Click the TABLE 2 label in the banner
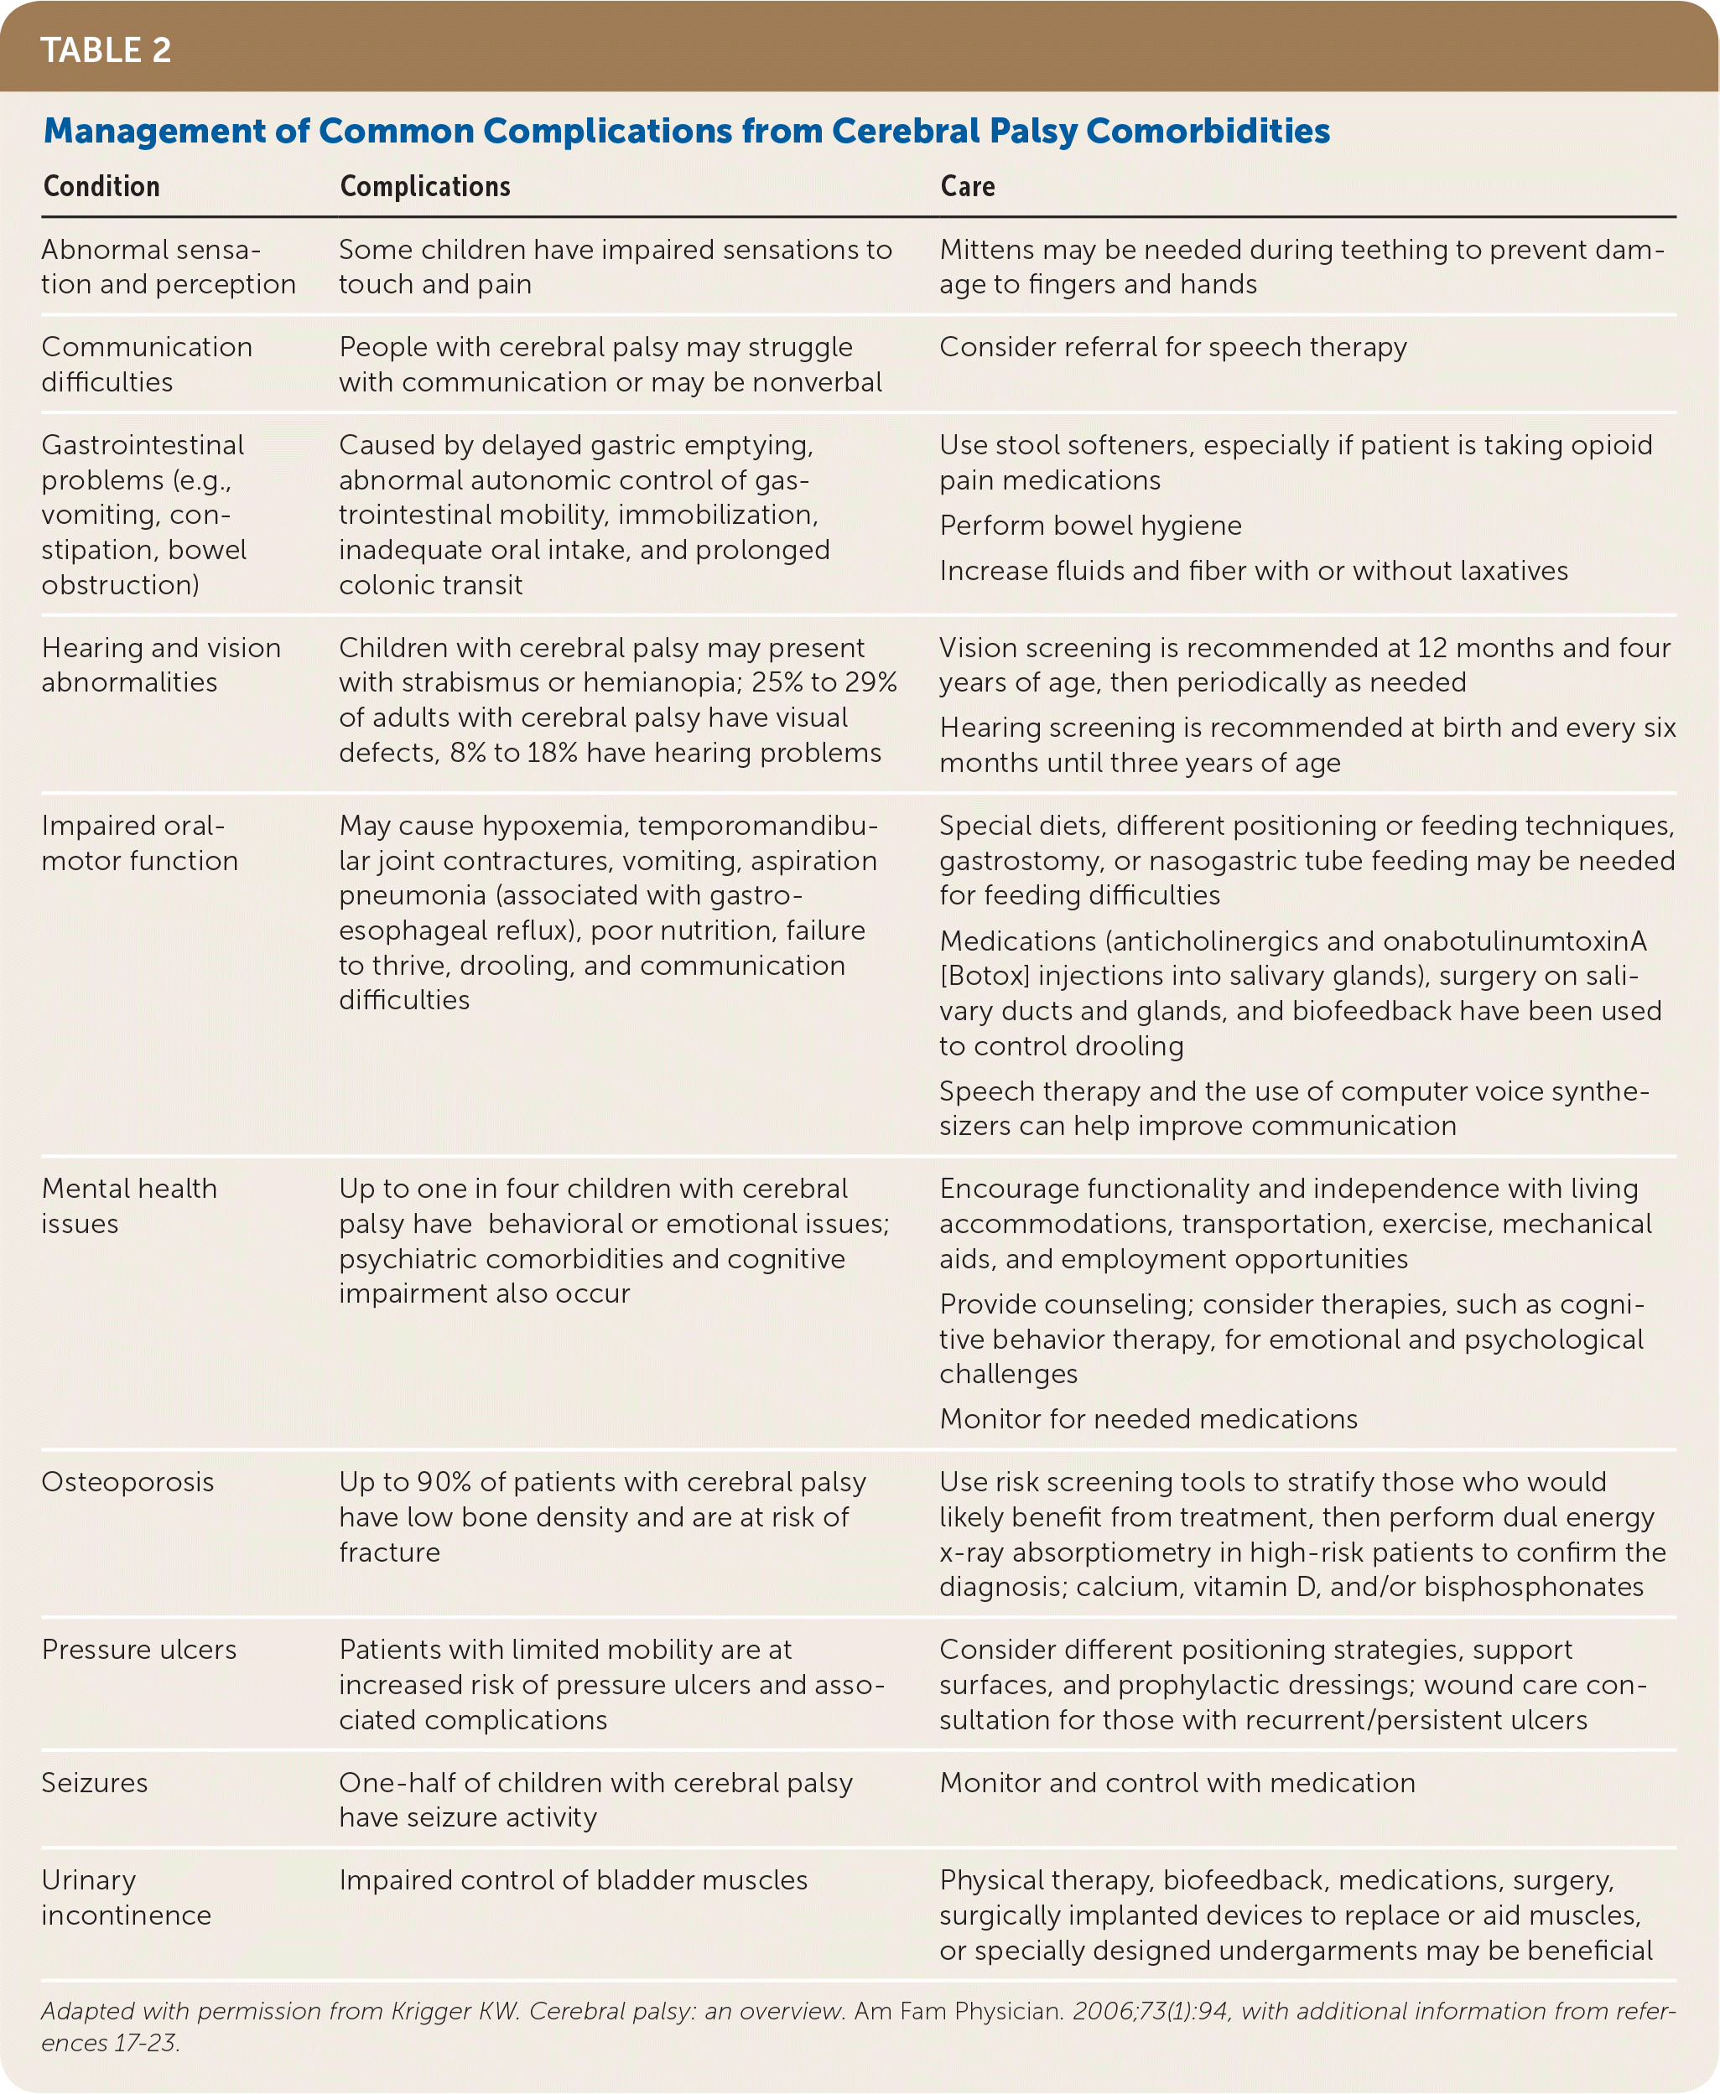click(x=106, y=49)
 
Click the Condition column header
click(x=101, y=186)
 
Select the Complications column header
click(x=425, y=186)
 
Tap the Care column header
click(x=967, y=186)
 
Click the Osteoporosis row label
click(x=127, y=1482)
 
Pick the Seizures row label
click(x=94, y=1783)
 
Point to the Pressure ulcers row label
click(x=138, y=1649)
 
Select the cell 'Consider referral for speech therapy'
click(x=1173, y=347)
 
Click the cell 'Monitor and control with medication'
click(x=1177, y=1783)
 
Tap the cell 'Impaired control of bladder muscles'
click(x=573, y=1880)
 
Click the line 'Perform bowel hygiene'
click(x=1090, y=525)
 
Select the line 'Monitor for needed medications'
click(x=1148, y=1418)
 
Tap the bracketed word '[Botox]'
click(x=985, y=976)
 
